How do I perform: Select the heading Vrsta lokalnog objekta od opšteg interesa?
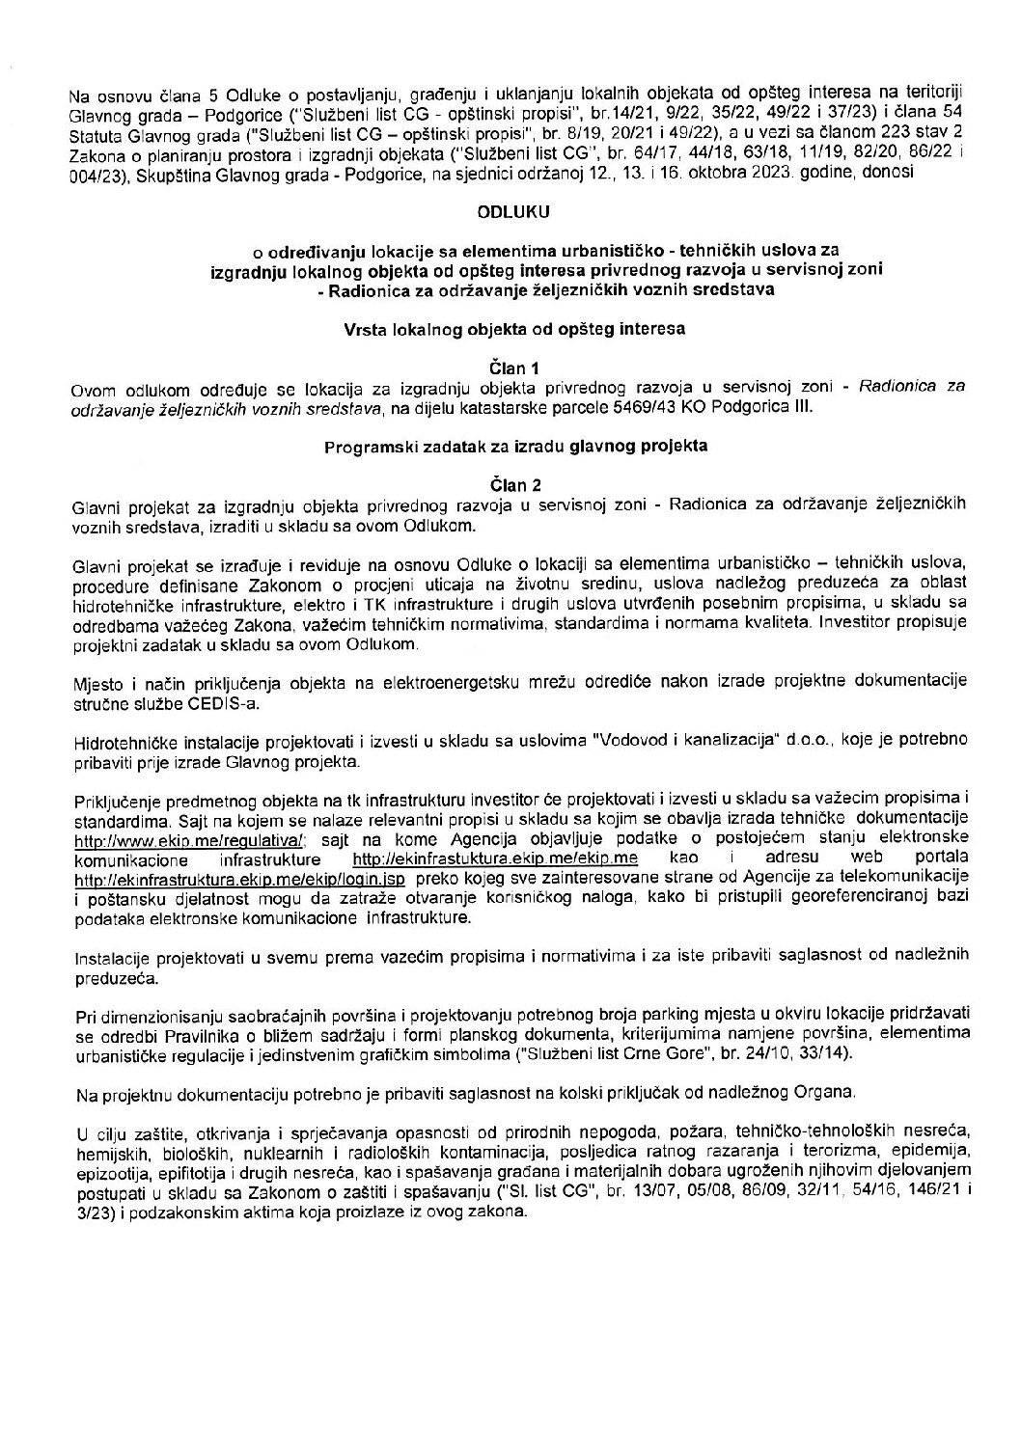(x=510, y=328)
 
